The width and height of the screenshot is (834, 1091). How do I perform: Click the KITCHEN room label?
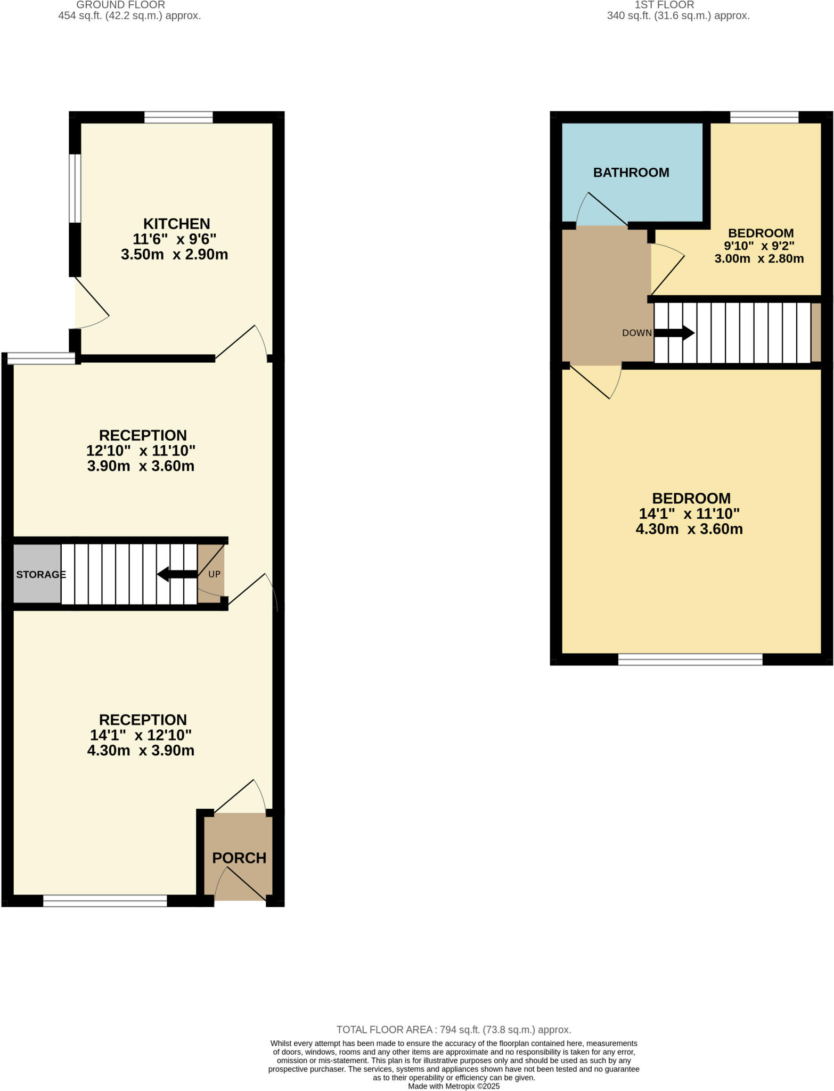pos(176,223)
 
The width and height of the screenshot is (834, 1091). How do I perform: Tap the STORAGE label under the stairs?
pos(40,574)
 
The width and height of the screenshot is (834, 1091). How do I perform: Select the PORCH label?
pos(239,858)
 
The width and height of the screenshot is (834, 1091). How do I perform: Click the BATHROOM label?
pos(631,173)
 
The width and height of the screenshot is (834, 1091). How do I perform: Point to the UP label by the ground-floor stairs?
pos(214,574)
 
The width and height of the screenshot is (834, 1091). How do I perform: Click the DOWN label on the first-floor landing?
pos(636,333)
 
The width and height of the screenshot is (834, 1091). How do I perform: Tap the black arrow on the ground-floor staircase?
pos(177,574)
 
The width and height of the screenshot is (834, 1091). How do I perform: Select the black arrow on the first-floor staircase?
pos(674,333)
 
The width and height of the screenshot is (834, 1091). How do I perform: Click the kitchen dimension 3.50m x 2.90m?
pos(174,254)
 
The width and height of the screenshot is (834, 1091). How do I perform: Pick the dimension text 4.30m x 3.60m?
pos(689,529)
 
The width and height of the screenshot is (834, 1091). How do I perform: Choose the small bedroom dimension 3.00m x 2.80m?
pos(759,259)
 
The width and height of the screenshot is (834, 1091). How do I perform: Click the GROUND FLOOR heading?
pos(121,5)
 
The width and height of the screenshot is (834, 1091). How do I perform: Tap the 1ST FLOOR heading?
pos(664,5)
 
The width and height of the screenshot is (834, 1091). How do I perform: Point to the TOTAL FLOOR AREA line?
pos(453,1030)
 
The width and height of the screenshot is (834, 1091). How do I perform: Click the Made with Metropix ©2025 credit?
pos(454,1086)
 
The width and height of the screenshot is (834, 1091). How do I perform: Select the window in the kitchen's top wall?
pos(178,117)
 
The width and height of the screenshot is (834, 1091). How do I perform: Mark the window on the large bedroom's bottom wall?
pos(690,660)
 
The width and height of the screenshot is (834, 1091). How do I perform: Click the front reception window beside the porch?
pos(105,900)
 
